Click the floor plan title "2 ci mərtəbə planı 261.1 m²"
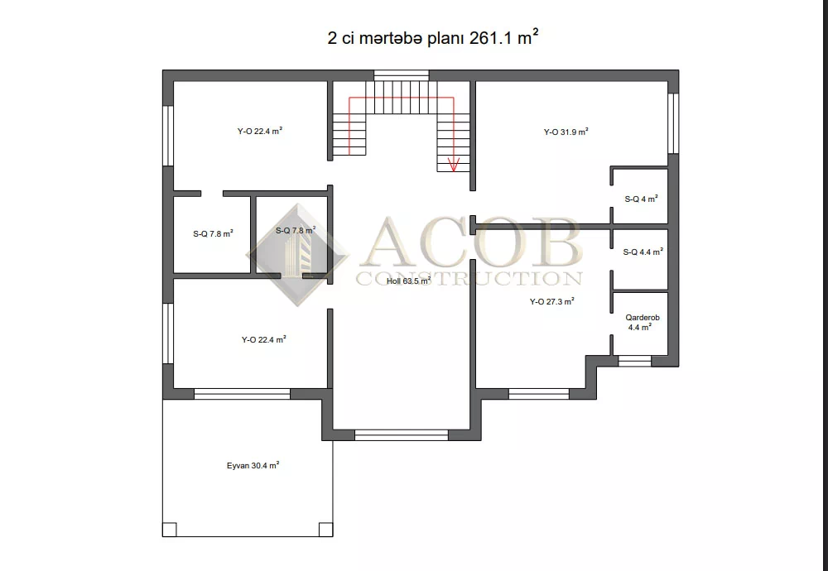[433, 38]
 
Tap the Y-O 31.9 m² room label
[566, 132]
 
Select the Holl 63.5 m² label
[409, 281]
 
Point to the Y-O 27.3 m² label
[551, 302]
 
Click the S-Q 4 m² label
[641, 199]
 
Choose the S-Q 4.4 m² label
[643, 252]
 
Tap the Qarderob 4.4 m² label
[643, 322]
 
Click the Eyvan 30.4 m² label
[253, 465]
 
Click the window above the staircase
[402, 75]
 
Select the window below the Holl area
[402, 434]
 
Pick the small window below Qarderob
[634, 361]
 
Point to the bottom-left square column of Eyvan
[169, 530]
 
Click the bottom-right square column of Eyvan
[325, 530]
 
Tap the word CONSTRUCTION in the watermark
[469, 278]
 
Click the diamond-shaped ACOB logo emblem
[297, 255]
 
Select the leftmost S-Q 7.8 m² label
[214, 233]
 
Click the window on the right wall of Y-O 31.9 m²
[673, 123]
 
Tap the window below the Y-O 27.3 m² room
[539, 394]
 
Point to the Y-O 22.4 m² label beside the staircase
[259, 132]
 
